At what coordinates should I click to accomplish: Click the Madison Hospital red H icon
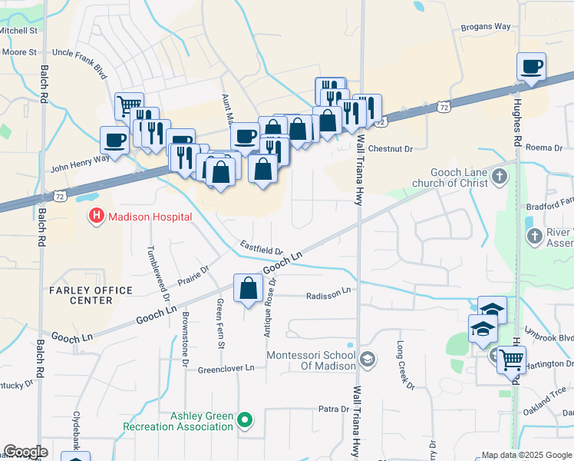pyautogui.click(x=97, y=217)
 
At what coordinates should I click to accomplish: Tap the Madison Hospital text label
pyautogui.click(x=150, y=217)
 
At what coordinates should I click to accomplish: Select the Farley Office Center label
pyautogui.click(x=91, y=295)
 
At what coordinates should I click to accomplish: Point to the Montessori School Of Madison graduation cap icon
pyautogui.click(x=368, y=360)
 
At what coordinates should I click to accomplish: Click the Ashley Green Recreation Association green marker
pyautogui.click(x=244, y=420)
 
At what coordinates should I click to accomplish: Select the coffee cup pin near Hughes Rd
pyautogui.click(x=531, y=67)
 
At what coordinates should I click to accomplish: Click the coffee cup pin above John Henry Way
pyautogui.click(x=114, y=141)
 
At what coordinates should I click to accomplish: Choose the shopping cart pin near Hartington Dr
pyautogui.click(x=510, y=359)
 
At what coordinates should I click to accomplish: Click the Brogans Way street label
pyautogui.click(x=486, y=27)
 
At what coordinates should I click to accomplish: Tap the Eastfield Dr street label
pyautogui.click(x=262, y=250)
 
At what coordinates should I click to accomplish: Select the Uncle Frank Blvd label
pyautogui.click(x=79, y=53)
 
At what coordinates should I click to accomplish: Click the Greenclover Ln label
pyautogui.click(x=226, y=368)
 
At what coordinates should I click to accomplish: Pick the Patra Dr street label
pyautogui.click(x=335, y=410)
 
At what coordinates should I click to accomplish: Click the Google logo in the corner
pyautogui.click(x=25, y=452)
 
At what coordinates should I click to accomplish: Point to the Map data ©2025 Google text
pyautogui.click(x=526, y=455)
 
